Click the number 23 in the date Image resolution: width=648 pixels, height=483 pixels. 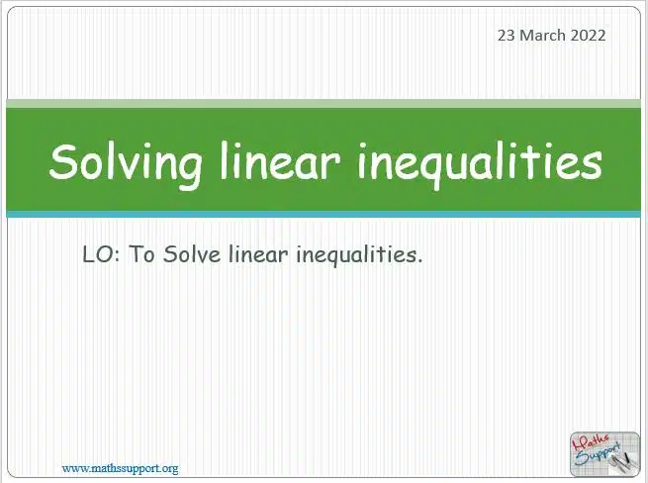(x=507, y=36)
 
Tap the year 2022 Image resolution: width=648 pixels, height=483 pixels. (x=588, y=36)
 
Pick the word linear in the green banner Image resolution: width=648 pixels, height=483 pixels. (x=280, y=161)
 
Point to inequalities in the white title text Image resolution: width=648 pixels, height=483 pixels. (x=480, y=164)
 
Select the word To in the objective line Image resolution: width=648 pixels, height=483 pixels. (x=141, y=254)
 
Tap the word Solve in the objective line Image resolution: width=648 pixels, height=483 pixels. (x=191, y=254)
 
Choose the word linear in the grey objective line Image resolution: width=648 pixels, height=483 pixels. (x=258, y=253)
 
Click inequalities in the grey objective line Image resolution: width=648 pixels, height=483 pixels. (x=357, y=255)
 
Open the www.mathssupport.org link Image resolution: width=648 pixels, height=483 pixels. (x=120, y=468)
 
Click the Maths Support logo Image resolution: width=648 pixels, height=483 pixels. (x=604, y=454)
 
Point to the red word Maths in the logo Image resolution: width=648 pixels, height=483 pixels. (x=591, y=442)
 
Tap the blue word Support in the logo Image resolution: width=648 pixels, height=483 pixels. (x=598, y=454)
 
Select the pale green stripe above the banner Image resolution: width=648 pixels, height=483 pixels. (x=324, y=103)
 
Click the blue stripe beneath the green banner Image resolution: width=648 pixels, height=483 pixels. (x=324, y=214)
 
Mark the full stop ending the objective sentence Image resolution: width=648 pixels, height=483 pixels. (x=419, y=261)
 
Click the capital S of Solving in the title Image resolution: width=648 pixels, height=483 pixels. (x=64, y=161)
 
